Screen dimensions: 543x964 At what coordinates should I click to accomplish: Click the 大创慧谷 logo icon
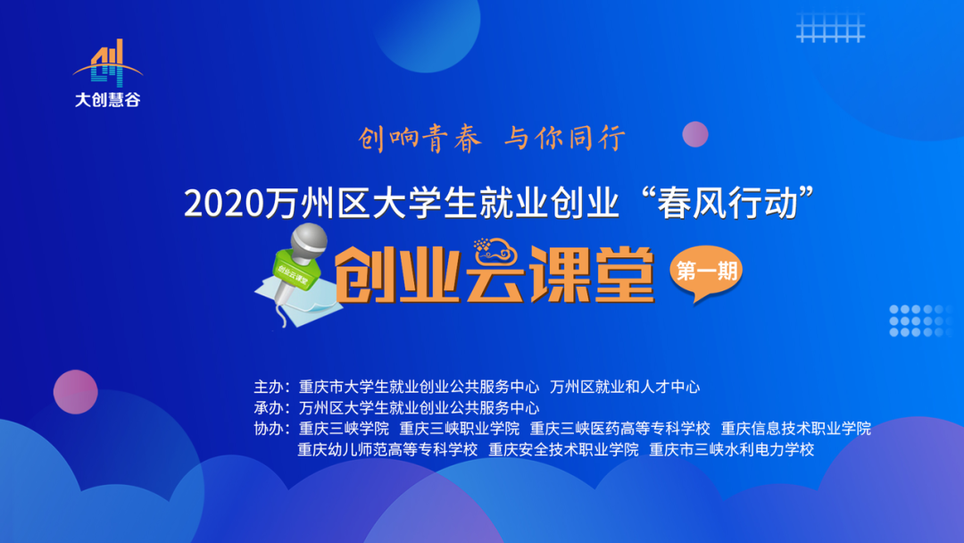108,63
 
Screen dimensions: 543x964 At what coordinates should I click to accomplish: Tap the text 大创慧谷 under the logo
108,100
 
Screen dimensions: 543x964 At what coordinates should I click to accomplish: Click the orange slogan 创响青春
420,138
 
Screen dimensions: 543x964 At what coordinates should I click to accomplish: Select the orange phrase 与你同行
564,138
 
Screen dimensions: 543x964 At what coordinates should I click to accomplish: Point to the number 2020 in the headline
223,204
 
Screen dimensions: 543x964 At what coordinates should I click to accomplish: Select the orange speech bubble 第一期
704,272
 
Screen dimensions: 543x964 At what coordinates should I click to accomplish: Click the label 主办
270,388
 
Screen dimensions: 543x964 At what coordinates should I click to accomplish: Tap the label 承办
270,408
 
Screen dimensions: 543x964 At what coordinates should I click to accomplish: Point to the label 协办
270,429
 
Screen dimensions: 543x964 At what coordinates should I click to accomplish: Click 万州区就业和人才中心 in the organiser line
625,388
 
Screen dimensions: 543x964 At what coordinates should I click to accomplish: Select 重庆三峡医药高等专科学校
619,429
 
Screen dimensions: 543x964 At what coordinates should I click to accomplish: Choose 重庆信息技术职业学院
795,429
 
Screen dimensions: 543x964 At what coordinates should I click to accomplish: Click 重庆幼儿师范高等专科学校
387,449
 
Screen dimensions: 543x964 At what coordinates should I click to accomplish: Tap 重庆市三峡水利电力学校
731,449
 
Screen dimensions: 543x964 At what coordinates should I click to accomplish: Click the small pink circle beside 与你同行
694,134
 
